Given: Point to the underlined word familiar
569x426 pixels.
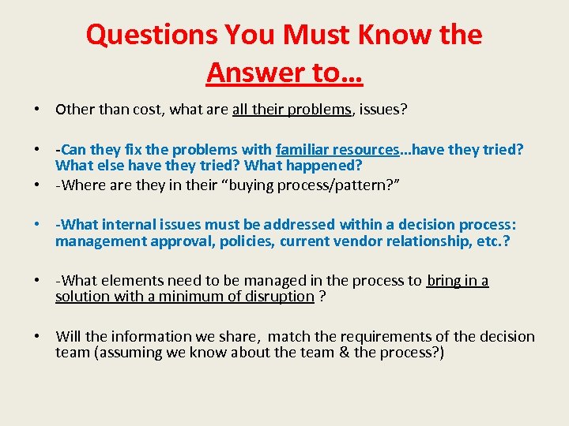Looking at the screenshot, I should [x=306, y=149].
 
